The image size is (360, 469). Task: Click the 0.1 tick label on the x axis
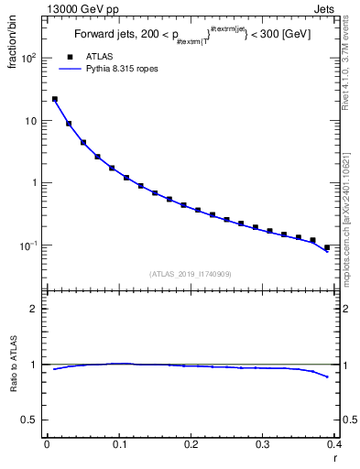(x=119, y=446)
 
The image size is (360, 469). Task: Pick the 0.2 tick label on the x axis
(x=191, y=446)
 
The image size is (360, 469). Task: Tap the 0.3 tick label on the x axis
(x=264, y=446)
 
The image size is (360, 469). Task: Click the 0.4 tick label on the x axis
(x=334, y=446)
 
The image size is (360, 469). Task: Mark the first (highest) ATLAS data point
(x=55, y=99)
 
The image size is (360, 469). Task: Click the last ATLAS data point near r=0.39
(x=327, y=247)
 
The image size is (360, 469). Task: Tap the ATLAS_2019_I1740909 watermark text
(x=190, y=273)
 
